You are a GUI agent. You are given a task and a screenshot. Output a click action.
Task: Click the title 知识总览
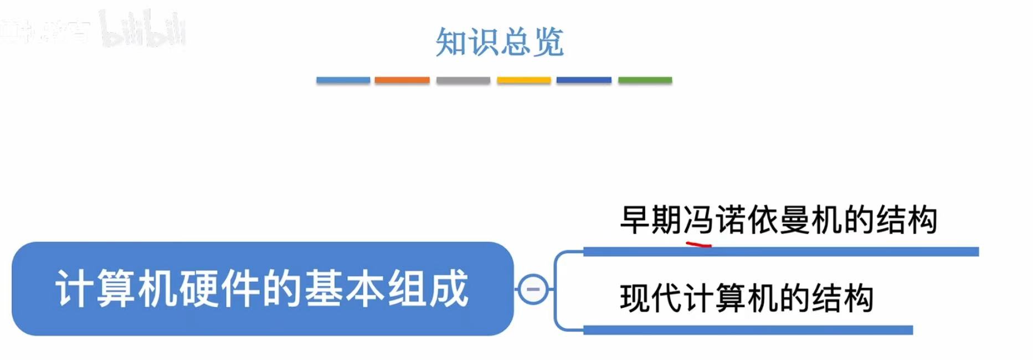(499, 42)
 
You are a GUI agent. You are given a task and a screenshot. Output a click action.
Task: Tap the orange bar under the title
(402, 80)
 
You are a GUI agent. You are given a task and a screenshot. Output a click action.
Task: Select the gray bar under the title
(463, 80)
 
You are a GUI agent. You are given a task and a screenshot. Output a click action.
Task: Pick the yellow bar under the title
(524, 80)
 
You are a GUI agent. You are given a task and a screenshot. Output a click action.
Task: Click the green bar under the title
(645, 80)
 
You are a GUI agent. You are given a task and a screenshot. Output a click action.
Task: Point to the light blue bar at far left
(343, 80)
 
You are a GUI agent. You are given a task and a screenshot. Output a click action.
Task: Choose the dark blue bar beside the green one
(584, 80)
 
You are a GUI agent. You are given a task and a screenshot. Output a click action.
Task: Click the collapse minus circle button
(533, 289)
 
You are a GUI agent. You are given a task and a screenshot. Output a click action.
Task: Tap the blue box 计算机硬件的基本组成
(262, 289)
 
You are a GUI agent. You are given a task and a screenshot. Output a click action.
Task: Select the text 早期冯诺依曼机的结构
(778, 220)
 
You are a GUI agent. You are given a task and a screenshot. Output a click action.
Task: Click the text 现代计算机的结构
(747, 298)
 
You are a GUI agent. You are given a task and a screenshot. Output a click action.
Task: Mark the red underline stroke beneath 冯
(698, 243)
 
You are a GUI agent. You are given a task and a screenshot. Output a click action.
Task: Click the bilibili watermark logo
(143, 30)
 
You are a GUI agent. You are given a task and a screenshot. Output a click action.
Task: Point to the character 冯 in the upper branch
(698, 220)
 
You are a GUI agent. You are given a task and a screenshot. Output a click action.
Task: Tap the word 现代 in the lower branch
(651, 298)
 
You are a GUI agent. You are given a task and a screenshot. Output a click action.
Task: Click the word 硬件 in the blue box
(199, 289)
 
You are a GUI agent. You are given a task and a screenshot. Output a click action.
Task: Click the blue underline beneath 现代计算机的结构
(748, 330)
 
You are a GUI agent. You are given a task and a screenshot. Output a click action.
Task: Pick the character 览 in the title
(548, 42)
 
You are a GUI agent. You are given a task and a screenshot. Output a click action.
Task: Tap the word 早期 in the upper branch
(651, 220)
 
